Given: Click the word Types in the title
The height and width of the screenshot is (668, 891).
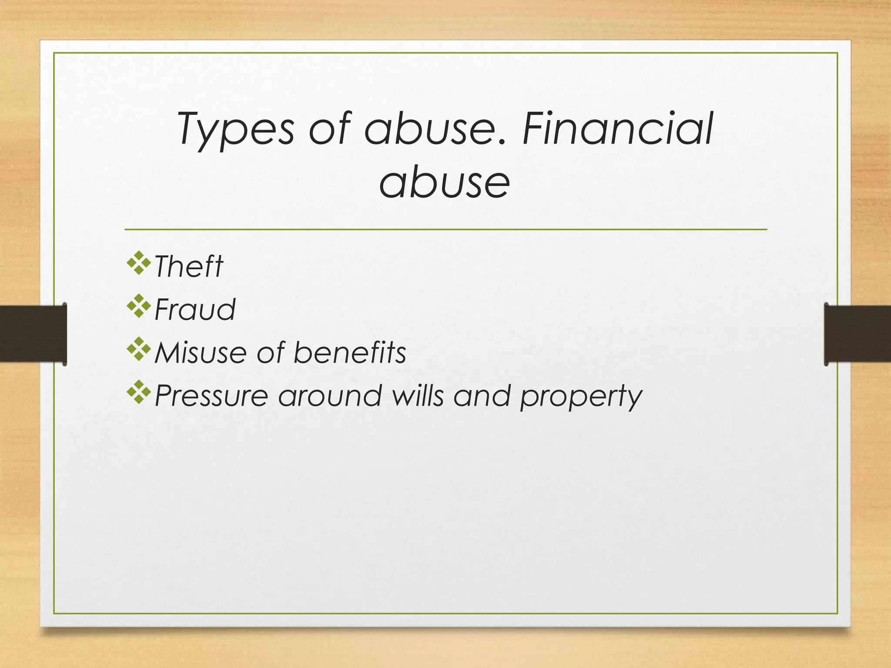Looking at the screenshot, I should [235, 129].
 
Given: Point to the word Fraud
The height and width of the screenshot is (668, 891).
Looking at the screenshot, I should [195, 309].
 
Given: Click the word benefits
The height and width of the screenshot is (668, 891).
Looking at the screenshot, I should [350, 352].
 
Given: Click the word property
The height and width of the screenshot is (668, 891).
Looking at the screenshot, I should [581, 397].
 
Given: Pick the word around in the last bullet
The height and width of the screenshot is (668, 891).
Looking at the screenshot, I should [330, 396].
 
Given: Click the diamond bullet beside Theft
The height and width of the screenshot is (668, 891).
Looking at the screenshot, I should [139, 263].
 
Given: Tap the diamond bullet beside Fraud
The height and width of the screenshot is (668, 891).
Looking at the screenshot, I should [139, 306].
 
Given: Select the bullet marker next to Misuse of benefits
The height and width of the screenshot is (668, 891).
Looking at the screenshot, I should [139, 349].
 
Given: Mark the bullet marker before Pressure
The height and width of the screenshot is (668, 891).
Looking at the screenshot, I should [139, 393].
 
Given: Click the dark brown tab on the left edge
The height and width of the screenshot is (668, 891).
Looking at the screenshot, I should [33, 334].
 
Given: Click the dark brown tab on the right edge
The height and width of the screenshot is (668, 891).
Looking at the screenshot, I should [858, 334].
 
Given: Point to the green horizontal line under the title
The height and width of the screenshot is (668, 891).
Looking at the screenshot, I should [445, 229].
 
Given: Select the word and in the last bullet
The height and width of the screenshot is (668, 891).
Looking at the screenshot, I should [482, 396].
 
